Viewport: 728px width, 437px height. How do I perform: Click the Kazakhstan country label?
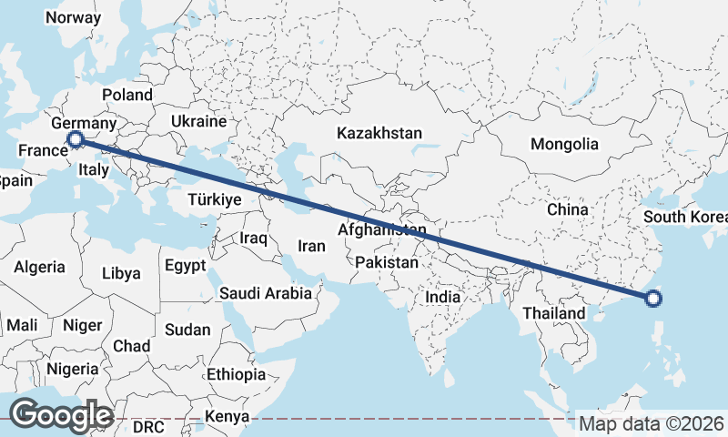[379, 133]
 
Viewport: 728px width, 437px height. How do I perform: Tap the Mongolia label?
[564, 144]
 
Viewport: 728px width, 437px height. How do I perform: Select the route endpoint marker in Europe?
[76, 139]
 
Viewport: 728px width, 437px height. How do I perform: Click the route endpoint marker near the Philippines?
[653, 298]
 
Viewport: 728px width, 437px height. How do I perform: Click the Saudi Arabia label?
[266, 293]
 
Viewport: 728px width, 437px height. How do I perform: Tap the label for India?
[443, 297]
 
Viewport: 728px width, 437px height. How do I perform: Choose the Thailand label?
[553, 313]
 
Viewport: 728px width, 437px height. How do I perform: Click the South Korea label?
[685, 217]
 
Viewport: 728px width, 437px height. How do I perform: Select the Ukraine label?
[198, 121]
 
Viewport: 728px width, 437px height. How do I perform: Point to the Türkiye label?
[213, 199]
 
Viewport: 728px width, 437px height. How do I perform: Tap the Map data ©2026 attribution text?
[652, 423]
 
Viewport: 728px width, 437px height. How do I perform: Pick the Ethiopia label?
[236, 374]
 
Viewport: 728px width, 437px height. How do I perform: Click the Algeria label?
[39, 267]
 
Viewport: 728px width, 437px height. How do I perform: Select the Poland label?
[127, 95]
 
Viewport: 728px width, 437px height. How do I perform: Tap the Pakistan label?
[387, 262]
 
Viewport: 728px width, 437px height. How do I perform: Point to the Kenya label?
[227, 416]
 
